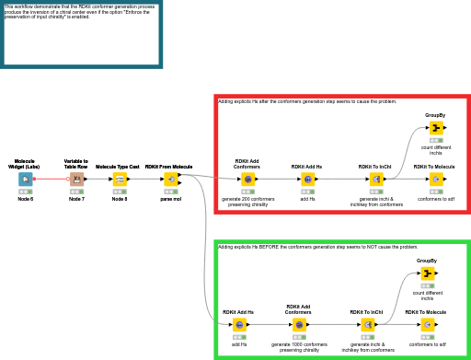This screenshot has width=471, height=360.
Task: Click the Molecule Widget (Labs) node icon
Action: pos(26,179)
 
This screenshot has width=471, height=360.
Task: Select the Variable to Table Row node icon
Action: pos(76,179)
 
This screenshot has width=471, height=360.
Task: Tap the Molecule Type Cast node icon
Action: pos(120,179)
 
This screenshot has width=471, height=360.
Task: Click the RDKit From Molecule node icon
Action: pos(170,179)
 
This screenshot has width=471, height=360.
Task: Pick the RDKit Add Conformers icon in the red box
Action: pos(247,180)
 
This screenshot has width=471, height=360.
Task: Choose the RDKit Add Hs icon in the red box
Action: pos(306,180)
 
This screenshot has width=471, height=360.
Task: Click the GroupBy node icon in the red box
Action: pos(435,127)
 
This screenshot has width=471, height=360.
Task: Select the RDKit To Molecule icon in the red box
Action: pos(435,180)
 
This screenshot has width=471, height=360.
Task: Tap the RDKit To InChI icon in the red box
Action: pos(375,180)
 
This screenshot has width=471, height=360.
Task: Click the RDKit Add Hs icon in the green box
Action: pos(239,324)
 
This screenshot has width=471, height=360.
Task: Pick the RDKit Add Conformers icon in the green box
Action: pos(299,324)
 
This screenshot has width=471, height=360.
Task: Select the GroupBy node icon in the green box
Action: pos(427,273)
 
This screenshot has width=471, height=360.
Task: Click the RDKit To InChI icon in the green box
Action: pos(368,324)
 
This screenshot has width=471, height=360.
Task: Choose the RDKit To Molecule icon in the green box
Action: pos(427,324)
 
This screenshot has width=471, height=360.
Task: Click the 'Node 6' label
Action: pos(26,199)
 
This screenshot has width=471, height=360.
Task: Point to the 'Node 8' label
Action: pos(120,199)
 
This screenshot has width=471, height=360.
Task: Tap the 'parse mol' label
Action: pos(170,199)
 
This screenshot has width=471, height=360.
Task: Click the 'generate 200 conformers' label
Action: pos(247,199)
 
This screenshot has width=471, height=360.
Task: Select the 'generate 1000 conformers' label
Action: pos(299,344)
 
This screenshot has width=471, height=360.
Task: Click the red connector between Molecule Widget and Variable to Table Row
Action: pos(51,179)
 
